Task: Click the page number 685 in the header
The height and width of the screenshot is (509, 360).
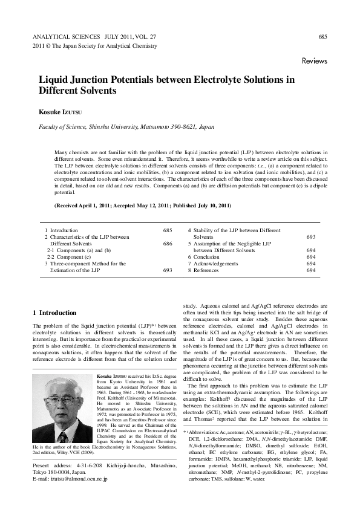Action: [x=322, y=37]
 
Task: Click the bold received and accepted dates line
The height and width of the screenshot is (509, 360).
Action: [x=143, y=206]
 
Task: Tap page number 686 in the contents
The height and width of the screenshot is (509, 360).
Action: [x=168, y=244]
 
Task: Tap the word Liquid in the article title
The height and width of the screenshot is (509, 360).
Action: [x=53, y=80]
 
